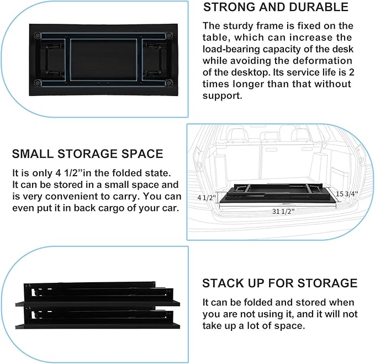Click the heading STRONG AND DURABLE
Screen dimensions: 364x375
[x=276, y=7]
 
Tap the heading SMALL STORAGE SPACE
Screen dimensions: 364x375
[x=87, y=154]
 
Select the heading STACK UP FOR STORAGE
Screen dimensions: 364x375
[x=279, y=283]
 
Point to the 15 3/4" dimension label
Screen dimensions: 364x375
[x=347, y=194]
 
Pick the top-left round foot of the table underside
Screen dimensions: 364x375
[x=38, y=34]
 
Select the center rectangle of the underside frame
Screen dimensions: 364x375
[x=104, y=59]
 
